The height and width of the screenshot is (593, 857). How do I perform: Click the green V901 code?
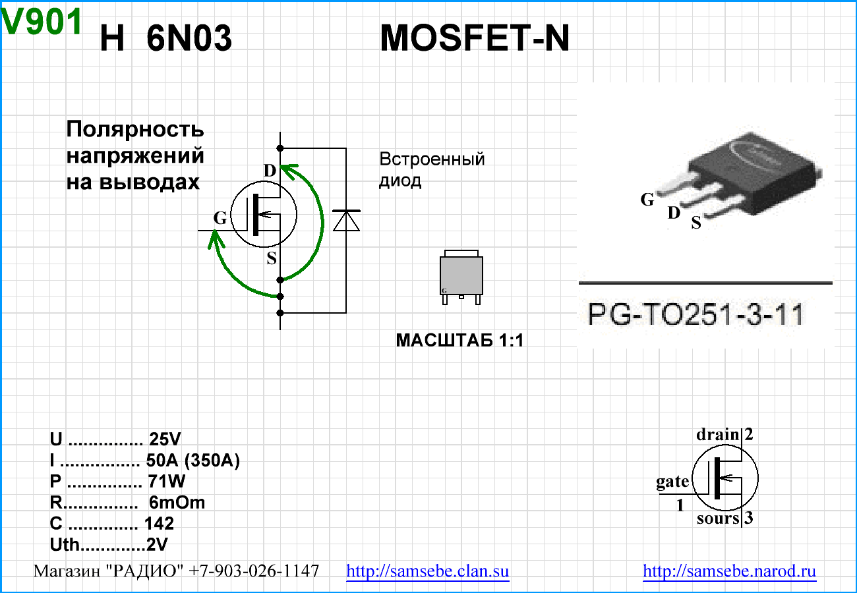42,23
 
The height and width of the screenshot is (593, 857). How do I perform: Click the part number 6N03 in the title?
189,40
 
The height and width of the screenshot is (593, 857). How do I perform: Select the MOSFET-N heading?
475,40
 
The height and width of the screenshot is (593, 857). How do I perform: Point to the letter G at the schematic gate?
220,218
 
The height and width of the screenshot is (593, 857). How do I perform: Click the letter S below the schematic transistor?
272,259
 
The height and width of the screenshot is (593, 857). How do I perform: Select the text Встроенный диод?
432,169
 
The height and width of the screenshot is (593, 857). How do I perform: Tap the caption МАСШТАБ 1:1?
459,341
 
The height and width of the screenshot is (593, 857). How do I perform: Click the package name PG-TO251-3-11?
695,315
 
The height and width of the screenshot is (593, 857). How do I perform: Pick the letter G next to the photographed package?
647,199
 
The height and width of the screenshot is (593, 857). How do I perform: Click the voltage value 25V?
165,439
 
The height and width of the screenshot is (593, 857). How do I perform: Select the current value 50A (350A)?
192,461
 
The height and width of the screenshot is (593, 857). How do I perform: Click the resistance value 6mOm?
177,503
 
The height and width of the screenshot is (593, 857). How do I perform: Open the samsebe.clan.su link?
428,571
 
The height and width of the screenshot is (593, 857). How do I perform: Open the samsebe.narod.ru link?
729,571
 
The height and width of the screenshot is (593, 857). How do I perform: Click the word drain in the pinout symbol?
718,435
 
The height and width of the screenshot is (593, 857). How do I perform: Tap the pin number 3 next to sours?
749,519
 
